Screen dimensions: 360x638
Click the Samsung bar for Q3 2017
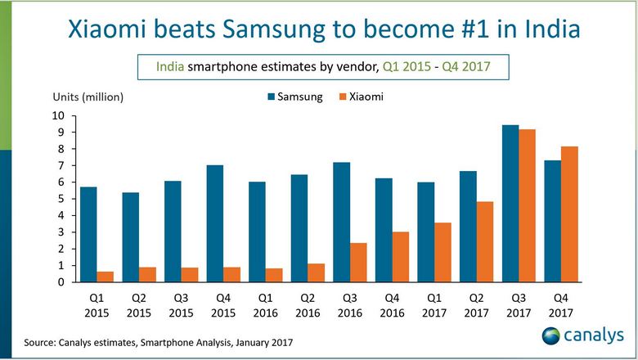(510, 204)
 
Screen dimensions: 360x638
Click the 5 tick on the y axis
(60, 199)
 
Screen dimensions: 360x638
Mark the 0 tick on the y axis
(60, 282)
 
